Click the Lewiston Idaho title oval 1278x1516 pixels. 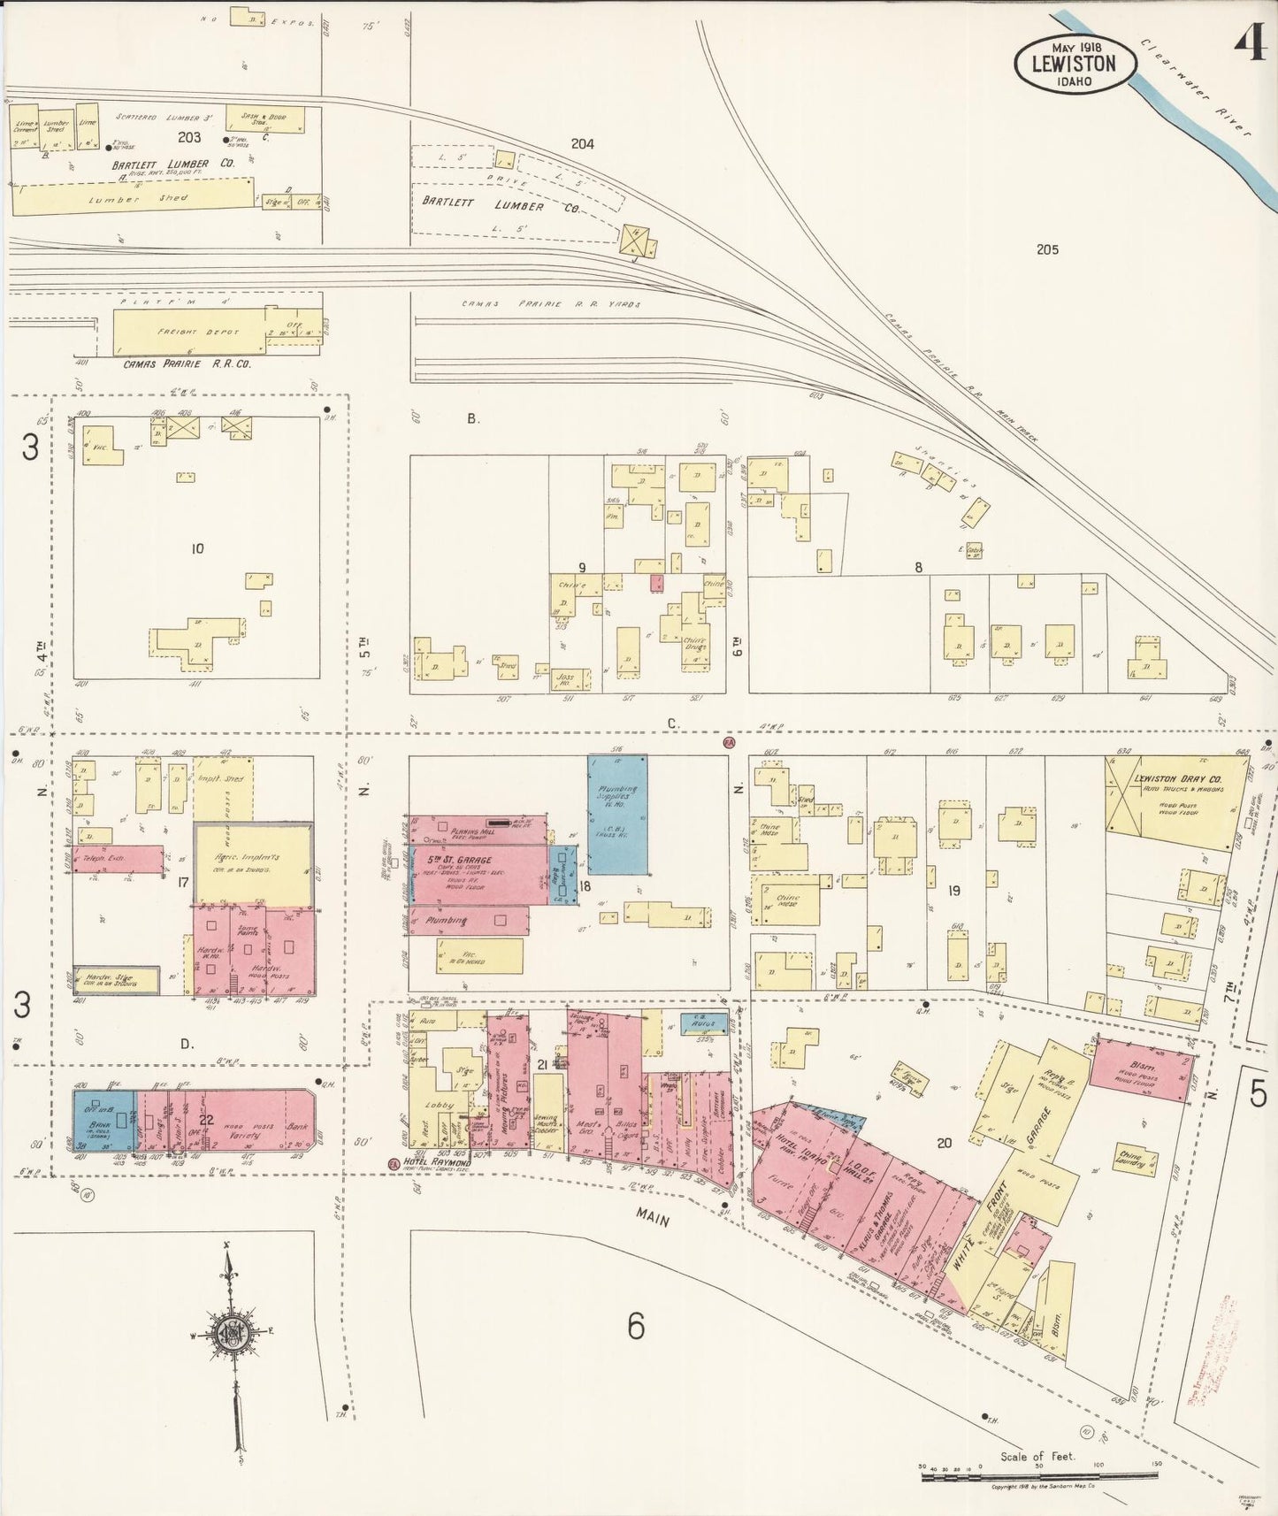click(1072, 65)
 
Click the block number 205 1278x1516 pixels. click(1047, 249)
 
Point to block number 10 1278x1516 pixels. click(197, 548)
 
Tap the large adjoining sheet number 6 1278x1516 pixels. click(635, 1327)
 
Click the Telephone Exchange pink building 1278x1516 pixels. click(119, 859)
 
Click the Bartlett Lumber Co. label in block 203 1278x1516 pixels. click(160, 164)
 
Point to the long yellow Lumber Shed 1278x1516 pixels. click(133, 198)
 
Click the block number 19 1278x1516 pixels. click(953, 891)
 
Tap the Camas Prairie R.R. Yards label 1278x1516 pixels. click(550, 304)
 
